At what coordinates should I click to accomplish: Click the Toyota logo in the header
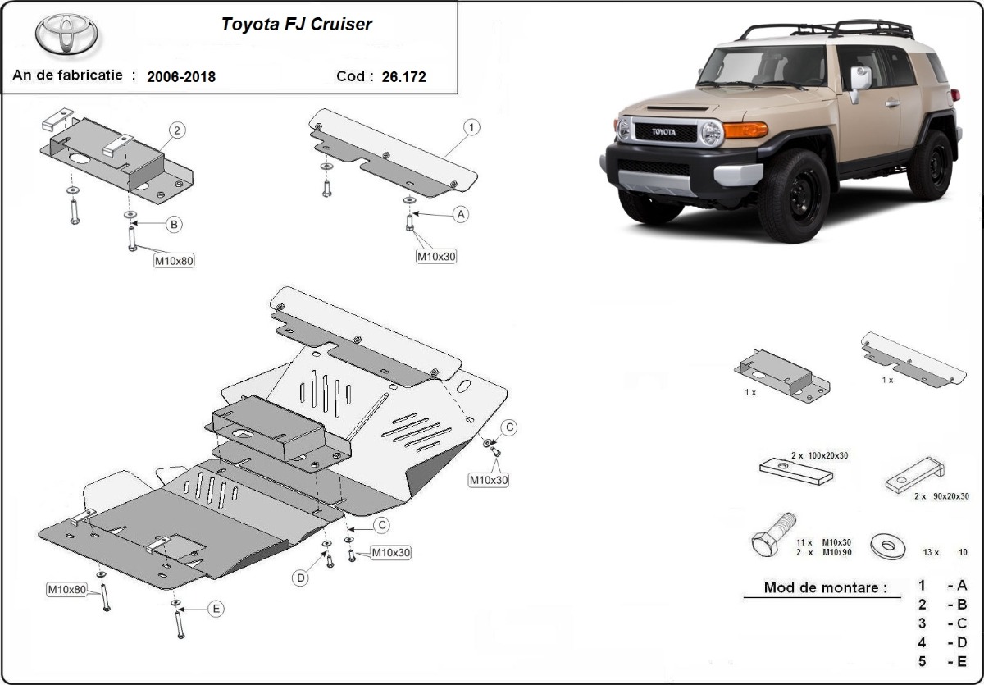coord(66,35)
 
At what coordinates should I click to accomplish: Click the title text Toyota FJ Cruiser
coord(296,25)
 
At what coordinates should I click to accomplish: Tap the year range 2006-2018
coord(181,77)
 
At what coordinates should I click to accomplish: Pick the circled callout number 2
coord(177,130)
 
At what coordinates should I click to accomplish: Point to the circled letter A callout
coord(461,214)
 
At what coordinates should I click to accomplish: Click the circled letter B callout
coord(173,224)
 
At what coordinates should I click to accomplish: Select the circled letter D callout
coord(301,578)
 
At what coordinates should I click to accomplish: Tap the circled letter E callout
coord(215,609)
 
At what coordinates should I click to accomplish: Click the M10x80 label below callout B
coord(175,262)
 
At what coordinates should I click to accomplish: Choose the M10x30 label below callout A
coord(436,256)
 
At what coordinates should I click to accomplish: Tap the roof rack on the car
coord(828,30)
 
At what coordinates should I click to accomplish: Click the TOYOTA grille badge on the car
coord(664,132)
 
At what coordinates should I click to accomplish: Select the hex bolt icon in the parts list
coord(772,536)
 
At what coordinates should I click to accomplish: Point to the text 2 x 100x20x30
coord(820,454)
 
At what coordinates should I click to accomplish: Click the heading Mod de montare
coord(825,587)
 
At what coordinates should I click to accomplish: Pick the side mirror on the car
coord(860,80)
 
